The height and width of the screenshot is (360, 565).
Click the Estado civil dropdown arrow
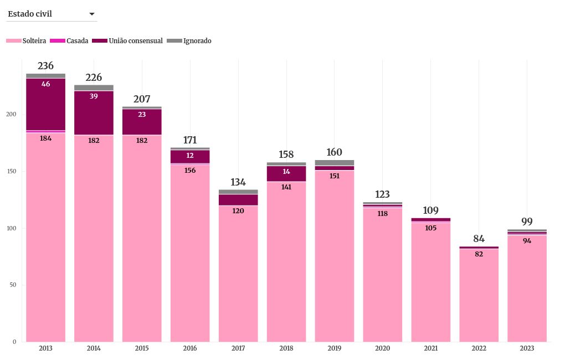point(92,14)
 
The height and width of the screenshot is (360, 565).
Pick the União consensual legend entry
point(127,41)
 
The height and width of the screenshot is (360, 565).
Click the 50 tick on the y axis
point(13,285)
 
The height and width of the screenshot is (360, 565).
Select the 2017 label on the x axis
point(238,348)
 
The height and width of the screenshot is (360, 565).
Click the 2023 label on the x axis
point(527,348)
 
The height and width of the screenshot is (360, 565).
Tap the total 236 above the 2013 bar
point(45,66)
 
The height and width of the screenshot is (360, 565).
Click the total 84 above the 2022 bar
point(479,239)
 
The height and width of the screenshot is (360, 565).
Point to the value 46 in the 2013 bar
point(45,84)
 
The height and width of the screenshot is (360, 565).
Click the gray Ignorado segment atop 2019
point(335,163)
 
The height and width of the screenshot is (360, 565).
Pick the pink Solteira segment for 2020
point(383,277)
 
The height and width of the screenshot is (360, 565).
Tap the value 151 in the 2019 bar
point(335,176)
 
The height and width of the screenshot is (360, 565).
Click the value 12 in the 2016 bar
point(190,156)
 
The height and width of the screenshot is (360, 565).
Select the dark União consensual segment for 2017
point(238,199)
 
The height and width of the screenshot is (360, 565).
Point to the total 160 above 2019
point(335,152)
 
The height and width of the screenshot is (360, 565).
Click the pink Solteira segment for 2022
point(479,299)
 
